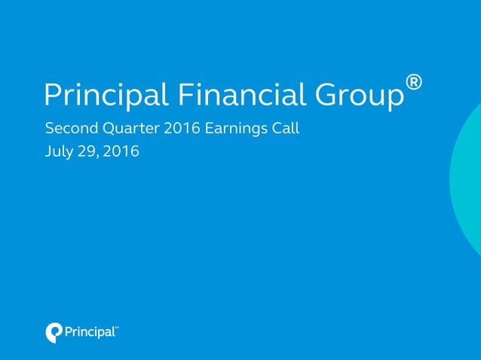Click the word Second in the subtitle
point(69,128)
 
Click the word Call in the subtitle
point(286,128)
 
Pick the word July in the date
point(60,151)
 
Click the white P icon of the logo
point(54,331)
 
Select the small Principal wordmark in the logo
point(88,332)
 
